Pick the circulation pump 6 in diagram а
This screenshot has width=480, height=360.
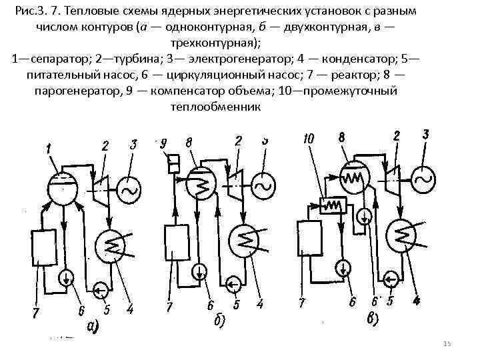pos(67,276)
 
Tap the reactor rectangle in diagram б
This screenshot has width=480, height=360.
pos(178,245)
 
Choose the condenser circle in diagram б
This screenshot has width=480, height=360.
pos(245,238)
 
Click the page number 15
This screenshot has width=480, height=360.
pos(447,344)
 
